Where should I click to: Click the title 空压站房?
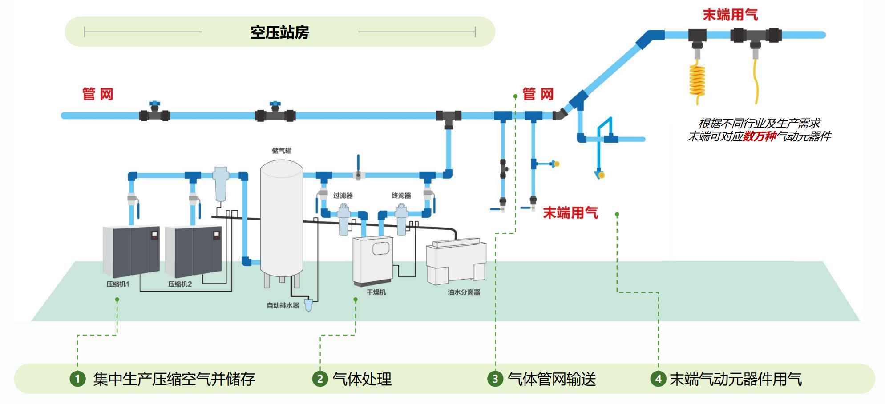coord(279,32)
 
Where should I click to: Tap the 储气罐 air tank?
coord(282,218)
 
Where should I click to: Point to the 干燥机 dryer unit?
coord(373,261)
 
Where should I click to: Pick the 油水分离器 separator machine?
coord(456,262)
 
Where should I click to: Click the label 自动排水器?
coord(283,305)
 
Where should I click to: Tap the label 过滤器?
coord(343,196)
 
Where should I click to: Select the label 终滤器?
coord(401,196)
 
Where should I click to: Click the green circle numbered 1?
coord(78,379)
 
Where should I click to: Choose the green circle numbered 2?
coord(320,379)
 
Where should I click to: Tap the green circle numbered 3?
coord(495,379)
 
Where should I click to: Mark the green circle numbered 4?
coord(658,379)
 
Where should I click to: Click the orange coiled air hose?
coord(697,80)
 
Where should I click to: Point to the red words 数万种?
coord(760,136)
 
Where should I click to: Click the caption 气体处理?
coord(362,379)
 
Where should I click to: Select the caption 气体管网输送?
coord(552,379)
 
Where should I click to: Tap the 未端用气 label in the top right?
coord(730,15)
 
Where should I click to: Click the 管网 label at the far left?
coord(98,94)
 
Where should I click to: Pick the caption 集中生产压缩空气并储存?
coord(174,379)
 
